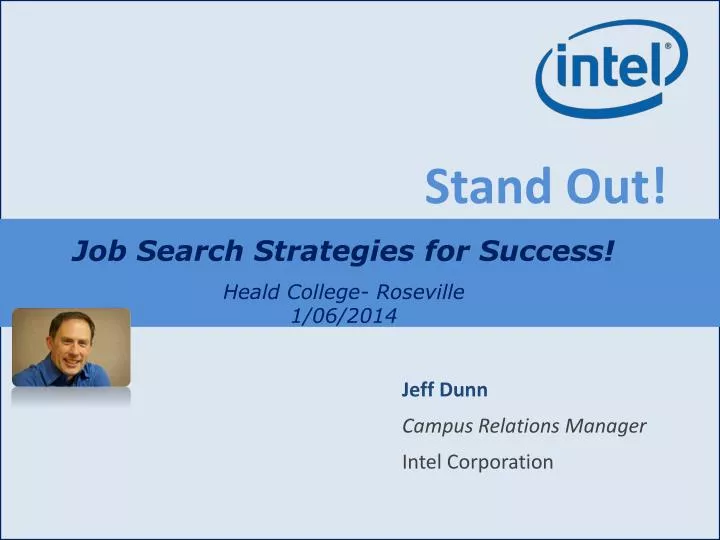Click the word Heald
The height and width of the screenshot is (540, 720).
(x=249, y=292)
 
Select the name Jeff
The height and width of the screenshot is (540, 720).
(x=417, y=389)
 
